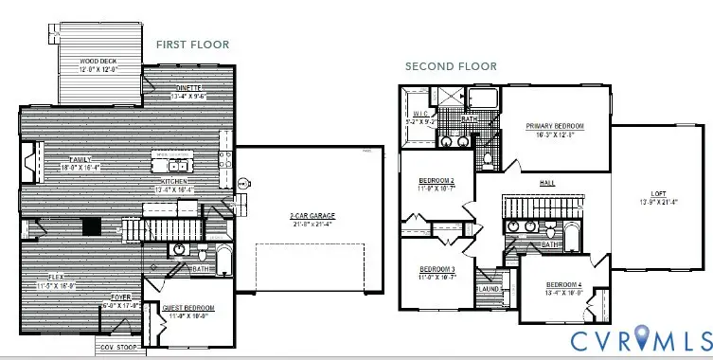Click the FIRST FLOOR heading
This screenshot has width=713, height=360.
[192, 45]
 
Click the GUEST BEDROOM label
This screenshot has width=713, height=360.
[189, 309]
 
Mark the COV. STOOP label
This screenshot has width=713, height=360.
[116, 347]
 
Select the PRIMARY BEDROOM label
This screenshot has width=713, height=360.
[555, 126]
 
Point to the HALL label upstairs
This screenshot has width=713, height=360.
[546, 183]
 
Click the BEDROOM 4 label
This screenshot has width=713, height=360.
[563, 285]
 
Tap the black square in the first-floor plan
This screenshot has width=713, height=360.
[92, 226]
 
